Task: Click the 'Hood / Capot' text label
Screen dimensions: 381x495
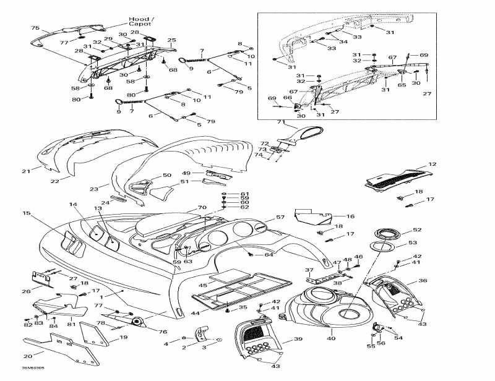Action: (143, 22)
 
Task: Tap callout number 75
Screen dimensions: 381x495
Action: (35, 28)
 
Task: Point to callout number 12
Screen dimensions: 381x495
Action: (433, 165)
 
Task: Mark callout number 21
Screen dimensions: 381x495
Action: (25, 171)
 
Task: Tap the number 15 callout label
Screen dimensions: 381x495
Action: (27, 213)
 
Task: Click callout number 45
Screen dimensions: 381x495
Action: (202, 285)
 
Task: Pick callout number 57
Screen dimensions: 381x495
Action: (280, 217)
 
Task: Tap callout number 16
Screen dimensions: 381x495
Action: (350, 216)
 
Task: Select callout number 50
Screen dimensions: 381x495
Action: (166, 176)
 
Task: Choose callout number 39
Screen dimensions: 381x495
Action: (298, 340)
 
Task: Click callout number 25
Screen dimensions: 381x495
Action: (171, 40)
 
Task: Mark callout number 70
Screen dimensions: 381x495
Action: (201, 207)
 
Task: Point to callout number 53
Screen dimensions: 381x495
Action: (413, 243)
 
